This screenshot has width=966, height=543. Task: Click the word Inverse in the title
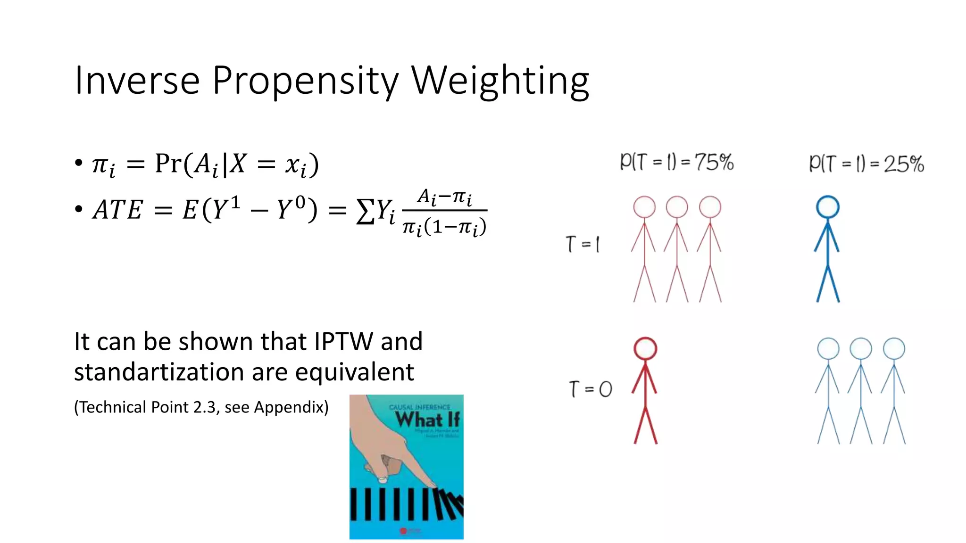(137, 80)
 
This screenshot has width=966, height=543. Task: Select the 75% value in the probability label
(714, 162)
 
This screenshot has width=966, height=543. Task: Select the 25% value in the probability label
(903, 164)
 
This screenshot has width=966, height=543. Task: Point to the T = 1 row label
(583, 244)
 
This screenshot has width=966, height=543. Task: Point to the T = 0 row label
(590, 389)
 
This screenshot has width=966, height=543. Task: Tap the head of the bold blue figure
(828, 207)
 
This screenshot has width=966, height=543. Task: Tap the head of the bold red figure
(645, 349)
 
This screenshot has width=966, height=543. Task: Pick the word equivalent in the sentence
(354, 372)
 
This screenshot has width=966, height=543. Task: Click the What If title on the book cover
(427, 419)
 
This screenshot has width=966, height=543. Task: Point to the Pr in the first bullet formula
(168, 164)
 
